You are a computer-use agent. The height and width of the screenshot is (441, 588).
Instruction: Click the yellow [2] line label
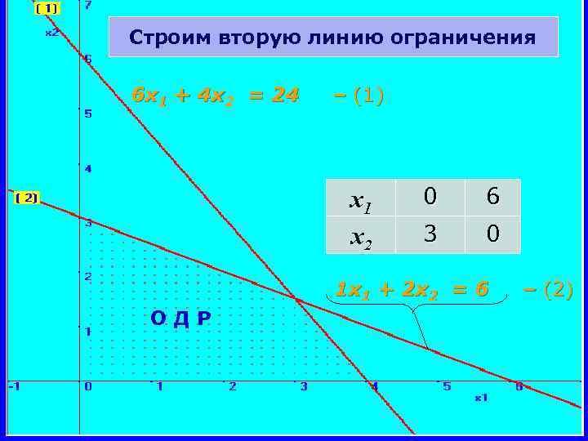(28, 198)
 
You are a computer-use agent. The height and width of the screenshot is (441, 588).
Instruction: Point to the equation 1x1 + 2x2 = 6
(412, 290)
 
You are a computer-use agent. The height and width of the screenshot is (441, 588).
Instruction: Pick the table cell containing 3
(429, 235)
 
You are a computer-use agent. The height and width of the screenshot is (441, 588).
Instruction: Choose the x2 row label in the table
(360, 236)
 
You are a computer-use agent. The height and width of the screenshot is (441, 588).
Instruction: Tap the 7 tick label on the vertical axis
(88, 6)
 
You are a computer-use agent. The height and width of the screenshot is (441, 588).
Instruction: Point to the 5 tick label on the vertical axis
(88, 114)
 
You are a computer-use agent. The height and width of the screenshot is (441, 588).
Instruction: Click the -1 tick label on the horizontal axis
(14, 386)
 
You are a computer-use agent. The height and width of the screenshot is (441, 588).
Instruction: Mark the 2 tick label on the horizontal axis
(233, 386)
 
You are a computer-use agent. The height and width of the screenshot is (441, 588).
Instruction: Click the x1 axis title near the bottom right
(481, 398)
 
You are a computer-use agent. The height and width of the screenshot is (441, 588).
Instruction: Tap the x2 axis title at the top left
(51, 33)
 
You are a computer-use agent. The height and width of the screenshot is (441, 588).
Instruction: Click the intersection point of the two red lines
(296, 300)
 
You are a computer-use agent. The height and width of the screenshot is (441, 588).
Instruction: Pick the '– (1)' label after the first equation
(359, 96)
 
